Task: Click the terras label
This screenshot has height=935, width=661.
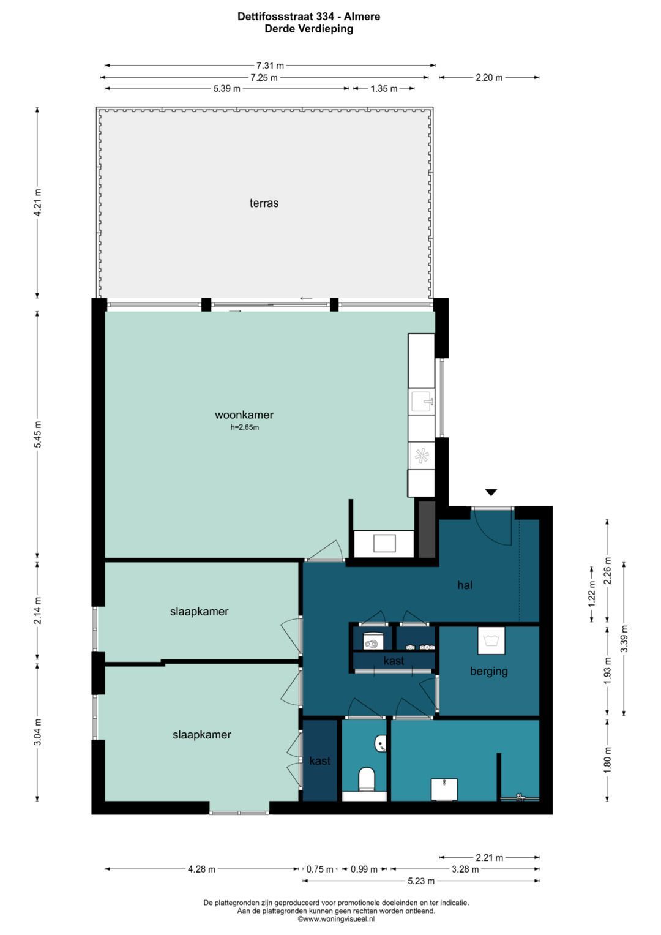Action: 264,203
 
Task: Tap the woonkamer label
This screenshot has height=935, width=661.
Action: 244,415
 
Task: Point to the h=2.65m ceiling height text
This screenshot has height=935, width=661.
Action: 245,427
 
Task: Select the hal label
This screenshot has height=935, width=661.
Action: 465,585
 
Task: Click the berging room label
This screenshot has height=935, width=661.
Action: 488,671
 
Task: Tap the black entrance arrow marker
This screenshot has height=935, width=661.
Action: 491,492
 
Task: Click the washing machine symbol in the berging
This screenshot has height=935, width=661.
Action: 491,640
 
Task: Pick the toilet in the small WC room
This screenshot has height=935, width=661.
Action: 367,778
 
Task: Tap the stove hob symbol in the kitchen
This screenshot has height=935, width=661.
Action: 422,456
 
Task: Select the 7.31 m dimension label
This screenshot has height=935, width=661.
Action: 270,65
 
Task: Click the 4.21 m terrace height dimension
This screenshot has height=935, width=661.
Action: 37,203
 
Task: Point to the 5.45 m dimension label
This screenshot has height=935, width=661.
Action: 37,434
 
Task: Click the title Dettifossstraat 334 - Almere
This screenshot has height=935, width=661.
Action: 309,17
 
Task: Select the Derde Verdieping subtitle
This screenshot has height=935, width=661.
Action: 309,29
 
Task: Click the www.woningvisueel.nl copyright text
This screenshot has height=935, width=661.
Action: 336,918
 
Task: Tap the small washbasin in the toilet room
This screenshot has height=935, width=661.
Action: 381,743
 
